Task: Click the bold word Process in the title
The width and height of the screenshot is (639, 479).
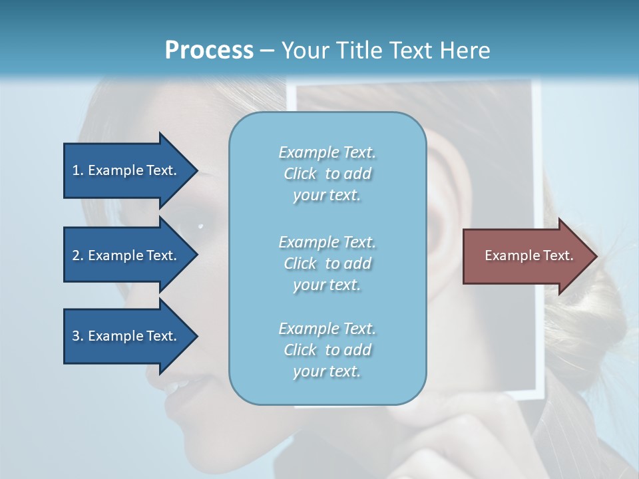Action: [209, 51]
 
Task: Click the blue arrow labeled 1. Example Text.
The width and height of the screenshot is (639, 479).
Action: [126, 170]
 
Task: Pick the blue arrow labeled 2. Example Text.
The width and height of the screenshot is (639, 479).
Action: [126, 255]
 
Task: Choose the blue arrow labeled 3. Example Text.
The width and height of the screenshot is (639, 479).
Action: [126, 336]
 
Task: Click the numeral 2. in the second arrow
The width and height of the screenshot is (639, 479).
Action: [77, 255]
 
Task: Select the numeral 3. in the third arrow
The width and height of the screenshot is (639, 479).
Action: [77, 336]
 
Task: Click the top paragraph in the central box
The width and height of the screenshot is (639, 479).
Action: [327, 174]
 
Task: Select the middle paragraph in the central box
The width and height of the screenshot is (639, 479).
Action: [327, 263]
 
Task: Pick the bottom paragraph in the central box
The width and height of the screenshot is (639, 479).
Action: [327, 350]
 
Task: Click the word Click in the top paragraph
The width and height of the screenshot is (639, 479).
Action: [300, 174]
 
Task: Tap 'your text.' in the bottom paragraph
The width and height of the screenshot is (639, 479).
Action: [327, 371]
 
